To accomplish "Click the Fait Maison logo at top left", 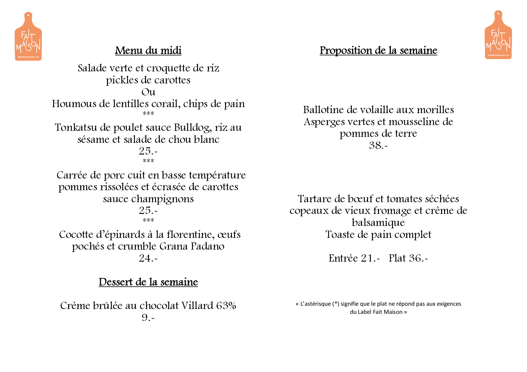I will (28, 37).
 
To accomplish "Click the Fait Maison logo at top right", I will (498, 35).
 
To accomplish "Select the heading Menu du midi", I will (148, 50).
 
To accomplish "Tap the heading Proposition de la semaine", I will (378, 50).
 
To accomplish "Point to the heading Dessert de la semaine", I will (148, 282).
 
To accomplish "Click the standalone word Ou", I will (148, 92).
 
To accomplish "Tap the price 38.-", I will (378, 145).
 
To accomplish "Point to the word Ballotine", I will (323, 110).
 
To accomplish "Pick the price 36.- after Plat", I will (418, 258).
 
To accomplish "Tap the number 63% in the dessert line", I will (226, 306).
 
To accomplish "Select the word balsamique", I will (378, 223).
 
